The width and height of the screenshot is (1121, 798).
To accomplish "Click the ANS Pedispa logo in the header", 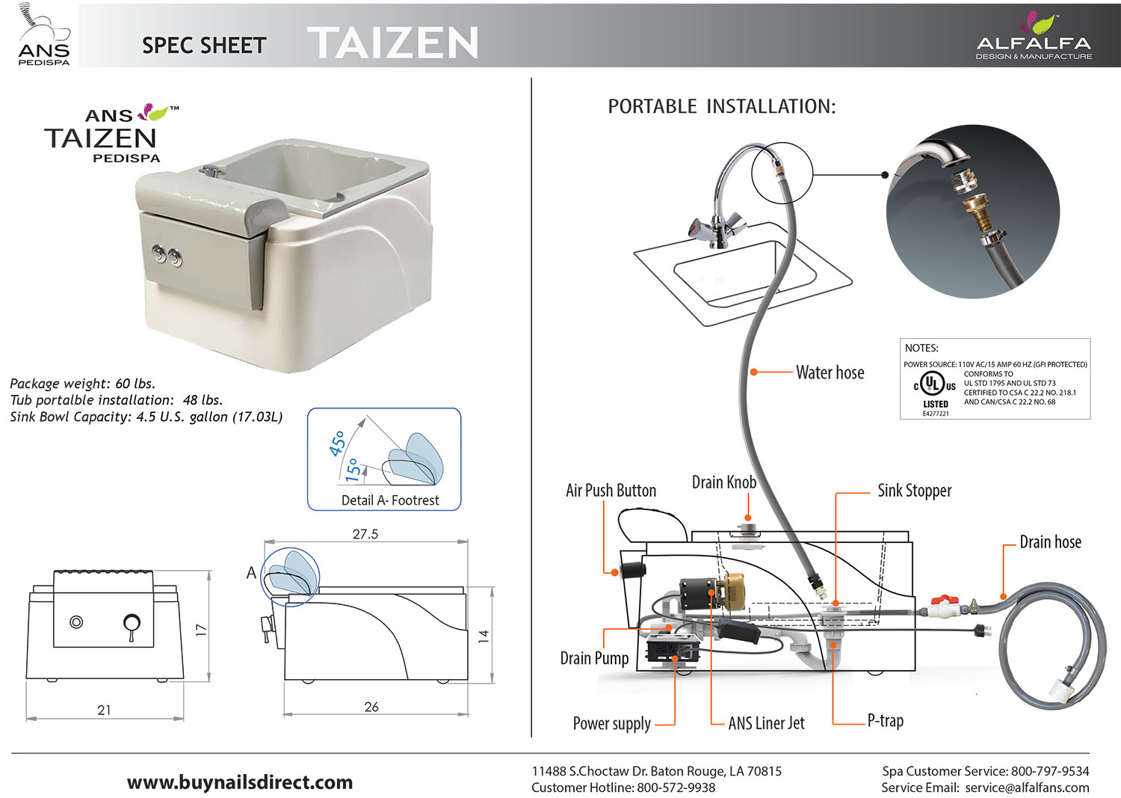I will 43,36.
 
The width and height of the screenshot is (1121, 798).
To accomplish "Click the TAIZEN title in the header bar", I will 392,43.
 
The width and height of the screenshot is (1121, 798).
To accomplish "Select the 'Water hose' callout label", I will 830,372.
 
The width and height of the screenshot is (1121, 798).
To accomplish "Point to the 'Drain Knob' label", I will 723,482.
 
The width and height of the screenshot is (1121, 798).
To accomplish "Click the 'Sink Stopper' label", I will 914,491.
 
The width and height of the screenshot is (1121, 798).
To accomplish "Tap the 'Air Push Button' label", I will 611,491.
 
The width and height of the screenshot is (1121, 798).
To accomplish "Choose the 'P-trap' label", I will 885,721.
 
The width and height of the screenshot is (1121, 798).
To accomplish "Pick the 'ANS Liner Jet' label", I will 766,723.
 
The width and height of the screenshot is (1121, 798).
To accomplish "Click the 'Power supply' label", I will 611,723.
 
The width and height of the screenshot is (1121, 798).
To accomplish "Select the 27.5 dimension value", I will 365,534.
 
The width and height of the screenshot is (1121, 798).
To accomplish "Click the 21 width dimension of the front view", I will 104,710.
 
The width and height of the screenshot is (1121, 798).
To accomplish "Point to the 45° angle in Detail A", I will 338,443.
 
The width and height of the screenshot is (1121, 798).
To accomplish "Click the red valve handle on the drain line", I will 944,600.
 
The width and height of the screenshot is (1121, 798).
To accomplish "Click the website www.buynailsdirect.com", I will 240,782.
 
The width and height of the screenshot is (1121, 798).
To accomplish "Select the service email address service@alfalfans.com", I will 1027,788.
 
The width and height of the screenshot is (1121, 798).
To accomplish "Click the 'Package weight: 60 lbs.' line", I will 83,384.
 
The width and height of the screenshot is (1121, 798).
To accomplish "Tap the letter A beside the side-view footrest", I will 251,573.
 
